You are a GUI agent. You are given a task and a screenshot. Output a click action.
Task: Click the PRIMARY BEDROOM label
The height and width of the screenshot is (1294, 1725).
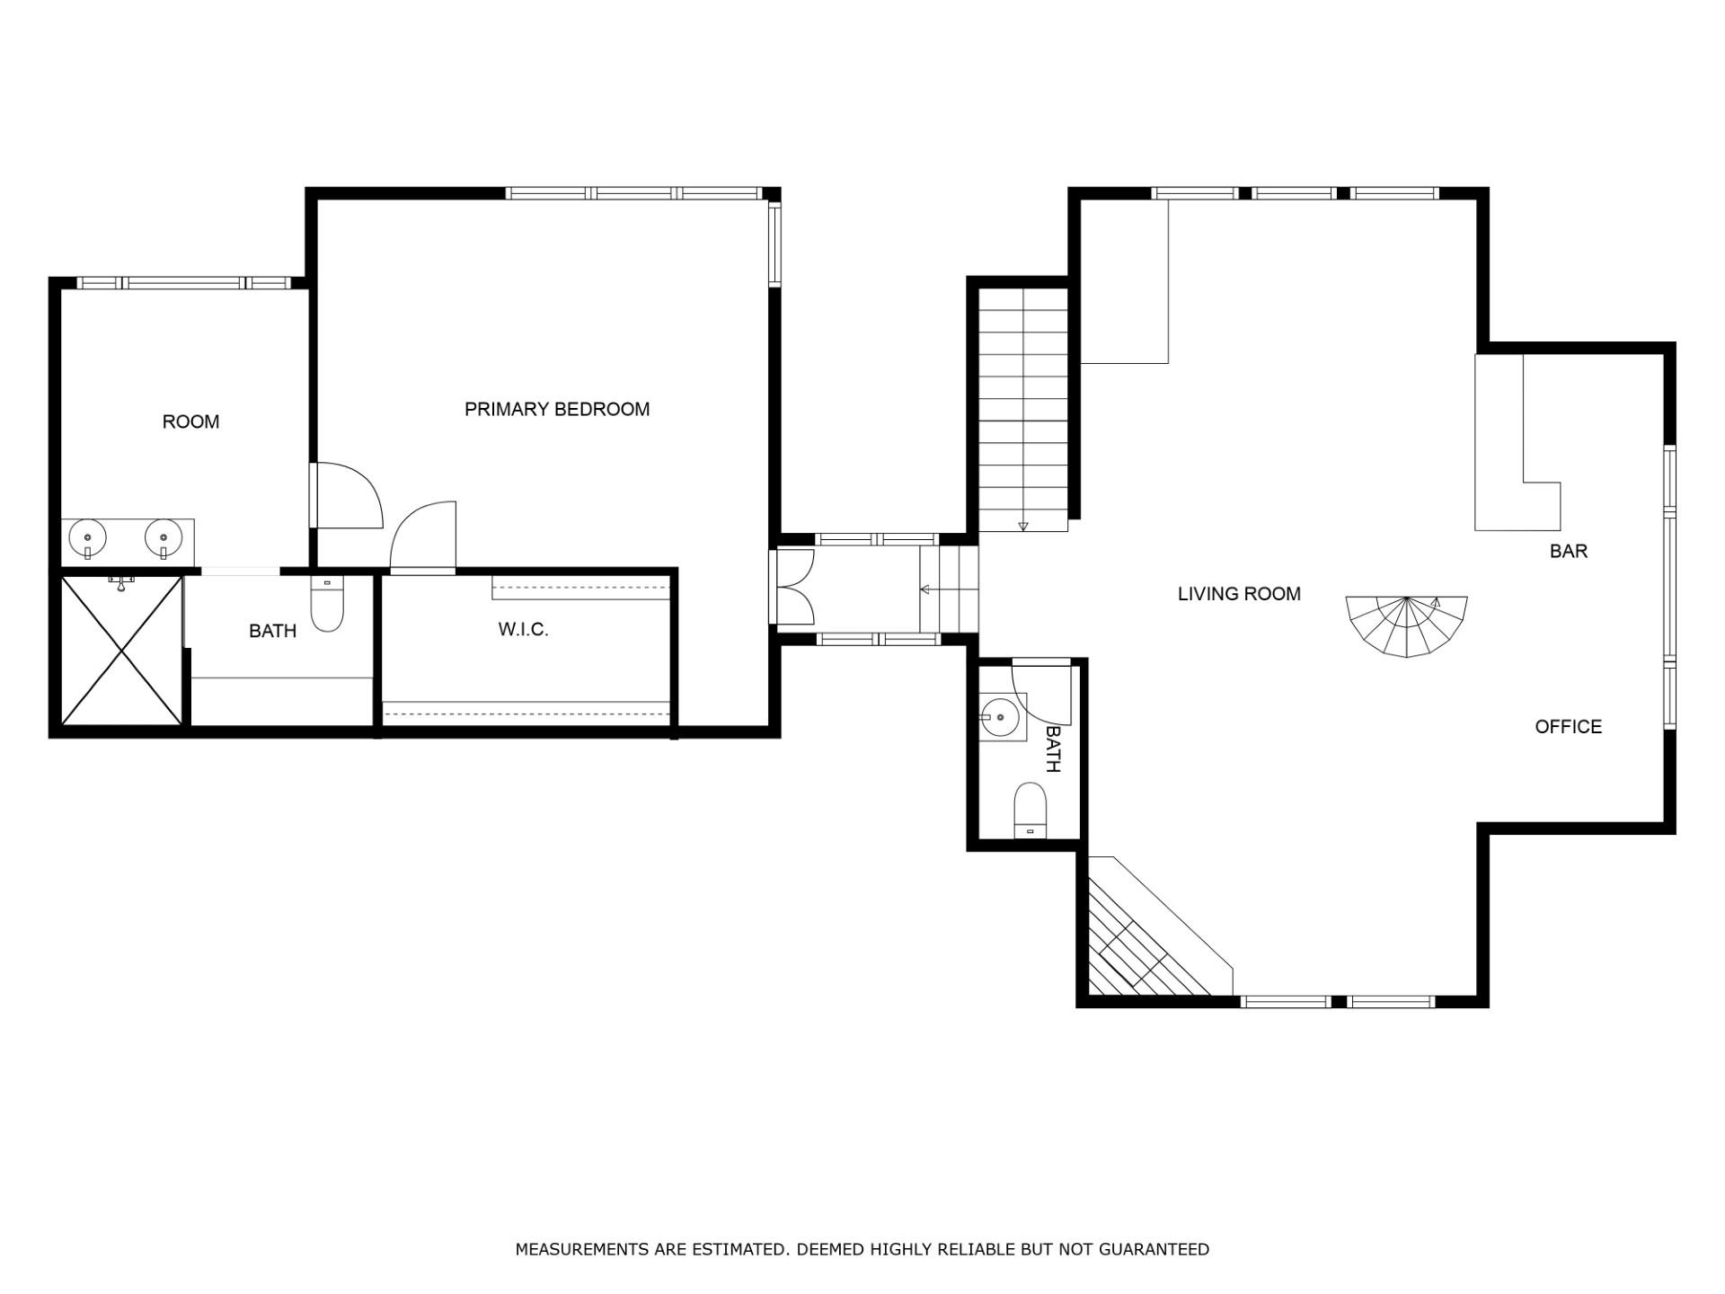click(x=557, y=410)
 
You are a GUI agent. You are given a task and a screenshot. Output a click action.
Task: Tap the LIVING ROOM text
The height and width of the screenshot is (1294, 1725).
click(x=1239, y=594)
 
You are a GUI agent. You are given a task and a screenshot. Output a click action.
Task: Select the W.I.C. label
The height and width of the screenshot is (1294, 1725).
click(x=523, y=630)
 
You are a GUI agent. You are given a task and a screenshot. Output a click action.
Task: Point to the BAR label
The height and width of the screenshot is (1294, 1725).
click(x=1569, y=552)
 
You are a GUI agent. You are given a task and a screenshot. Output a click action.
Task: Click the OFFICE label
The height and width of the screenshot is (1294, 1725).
click(x=1568, y=727)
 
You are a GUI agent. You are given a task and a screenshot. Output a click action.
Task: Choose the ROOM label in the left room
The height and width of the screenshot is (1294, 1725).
click(x=190, y=422)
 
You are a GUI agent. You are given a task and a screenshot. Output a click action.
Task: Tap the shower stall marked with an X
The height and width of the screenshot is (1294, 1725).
click(x=121, y=651)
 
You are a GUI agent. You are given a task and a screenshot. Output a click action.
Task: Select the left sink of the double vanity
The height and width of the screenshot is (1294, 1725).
click(x=88, y=539)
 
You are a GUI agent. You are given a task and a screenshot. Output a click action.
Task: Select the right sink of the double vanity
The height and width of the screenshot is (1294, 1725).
click(x=164, y=539)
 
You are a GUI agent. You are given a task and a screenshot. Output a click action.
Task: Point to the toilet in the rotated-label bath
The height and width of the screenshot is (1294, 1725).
click(x=1031, y=810)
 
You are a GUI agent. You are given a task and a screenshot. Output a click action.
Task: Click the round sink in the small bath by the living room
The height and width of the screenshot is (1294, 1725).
click(x=998, y=717)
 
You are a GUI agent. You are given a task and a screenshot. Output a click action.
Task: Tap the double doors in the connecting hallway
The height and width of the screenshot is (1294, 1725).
click(x=794, y=587)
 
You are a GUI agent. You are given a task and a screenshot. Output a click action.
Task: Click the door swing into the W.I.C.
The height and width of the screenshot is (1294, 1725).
click(x=423, y=536)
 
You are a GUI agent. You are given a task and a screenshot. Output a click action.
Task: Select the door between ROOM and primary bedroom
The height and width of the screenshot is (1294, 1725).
click(x=347, y=495)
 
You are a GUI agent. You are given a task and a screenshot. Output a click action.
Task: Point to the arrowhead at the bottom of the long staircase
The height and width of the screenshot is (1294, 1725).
click(x=1023, y=527)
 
